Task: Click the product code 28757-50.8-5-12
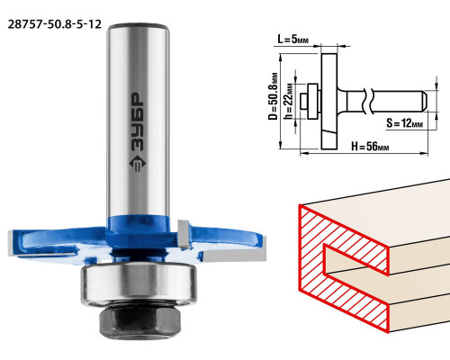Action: (55, 24)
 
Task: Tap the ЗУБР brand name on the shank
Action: (138, 122)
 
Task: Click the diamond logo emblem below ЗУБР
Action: (138, 165)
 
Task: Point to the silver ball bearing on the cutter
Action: (139, 283)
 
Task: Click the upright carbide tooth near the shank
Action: (184, 235)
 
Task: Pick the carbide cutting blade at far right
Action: (235, 255)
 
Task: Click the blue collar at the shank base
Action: (139, 226)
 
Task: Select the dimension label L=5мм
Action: (292, 39)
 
